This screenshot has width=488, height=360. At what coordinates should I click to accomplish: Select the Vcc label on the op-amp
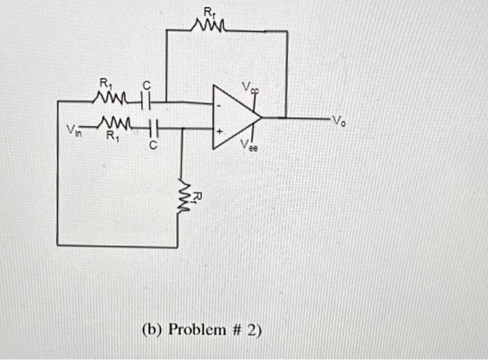250,87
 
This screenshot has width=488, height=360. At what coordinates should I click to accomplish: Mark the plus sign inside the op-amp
220,130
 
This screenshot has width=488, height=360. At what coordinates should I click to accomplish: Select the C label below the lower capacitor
154,146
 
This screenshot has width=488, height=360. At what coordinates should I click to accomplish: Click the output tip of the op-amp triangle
261,118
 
